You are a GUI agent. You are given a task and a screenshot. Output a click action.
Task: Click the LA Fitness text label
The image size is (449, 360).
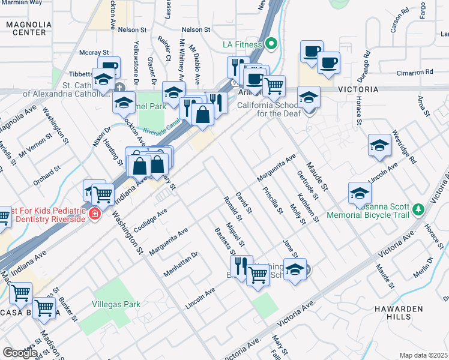[x=242, y=44]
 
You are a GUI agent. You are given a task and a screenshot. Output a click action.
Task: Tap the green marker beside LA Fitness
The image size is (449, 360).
[x=271, y=44]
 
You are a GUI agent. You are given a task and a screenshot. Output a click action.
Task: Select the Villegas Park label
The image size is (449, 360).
[x=116, y=304]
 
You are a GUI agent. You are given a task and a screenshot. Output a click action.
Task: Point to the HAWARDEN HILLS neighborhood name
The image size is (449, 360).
[x=423, y=313]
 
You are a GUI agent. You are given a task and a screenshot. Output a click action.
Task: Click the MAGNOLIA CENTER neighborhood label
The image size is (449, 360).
[x=28, y=28]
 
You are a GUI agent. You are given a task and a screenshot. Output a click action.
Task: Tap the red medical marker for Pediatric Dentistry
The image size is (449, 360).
[x=94, y=214]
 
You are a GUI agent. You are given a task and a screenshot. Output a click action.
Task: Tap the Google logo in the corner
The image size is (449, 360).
[x=20, y=353]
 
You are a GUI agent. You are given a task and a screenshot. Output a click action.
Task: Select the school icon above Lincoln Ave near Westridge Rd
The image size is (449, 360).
[x=379, y=145]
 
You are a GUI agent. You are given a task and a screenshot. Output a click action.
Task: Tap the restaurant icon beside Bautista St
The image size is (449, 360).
[x=241, y=265]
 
